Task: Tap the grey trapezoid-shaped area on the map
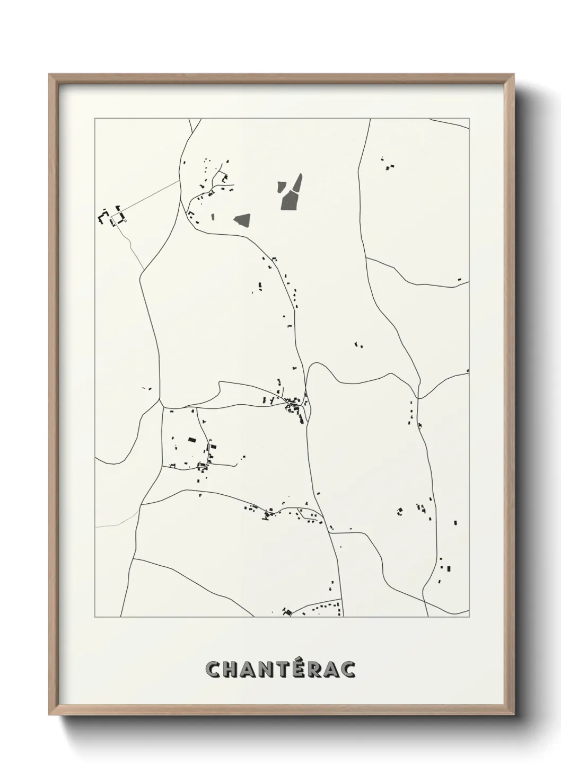242,220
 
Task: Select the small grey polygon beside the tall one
281,187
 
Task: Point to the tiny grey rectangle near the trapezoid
213,217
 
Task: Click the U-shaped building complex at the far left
103,216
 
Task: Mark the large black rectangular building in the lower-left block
192,439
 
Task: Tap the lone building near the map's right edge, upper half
459,280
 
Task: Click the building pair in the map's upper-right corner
391,167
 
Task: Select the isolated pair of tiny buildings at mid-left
147,388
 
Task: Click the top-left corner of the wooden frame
49,75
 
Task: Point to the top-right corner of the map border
469,119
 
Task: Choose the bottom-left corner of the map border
95,617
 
